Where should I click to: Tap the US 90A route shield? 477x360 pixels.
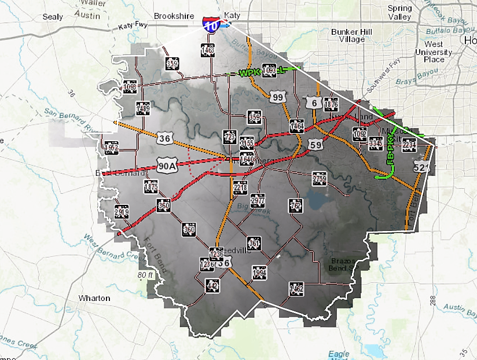point(166,167)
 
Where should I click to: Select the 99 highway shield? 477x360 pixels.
point(278,97)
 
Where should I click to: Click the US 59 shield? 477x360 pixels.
point(315,145)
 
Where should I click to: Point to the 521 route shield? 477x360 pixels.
point(421,167)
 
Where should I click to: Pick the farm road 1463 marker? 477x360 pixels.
point(208,51)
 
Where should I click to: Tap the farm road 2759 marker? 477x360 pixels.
point(319,178)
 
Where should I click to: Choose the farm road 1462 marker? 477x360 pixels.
point(296,288)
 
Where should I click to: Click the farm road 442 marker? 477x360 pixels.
point(212,284)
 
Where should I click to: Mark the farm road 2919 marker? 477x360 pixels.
point(121,211)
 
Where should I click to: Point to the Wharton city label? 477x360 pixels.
point(94,298)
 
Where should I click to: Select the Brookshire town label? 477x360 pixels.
point(174,16)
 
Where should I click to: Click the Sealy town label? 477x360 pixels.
point(53,17)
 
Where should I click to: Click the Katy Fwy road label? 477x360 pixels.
point(134,27)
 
